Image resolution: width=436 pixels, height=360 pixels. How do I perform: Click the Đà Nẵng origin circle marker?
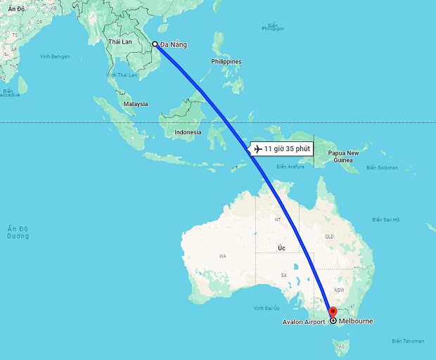click(x=155, y=44)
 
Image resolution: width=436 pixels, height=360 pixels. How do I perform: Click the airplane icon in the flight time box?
click(x=257, y=149)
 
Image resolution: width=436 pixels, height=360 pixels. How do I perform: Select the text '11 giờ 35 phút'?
click(x=287, y=149)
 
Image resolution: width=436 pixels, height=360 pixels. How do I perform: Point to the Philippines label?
click(x=226, y=62)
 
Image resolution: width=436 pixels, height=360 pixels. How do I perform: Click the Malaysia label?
click(x=136, y=104)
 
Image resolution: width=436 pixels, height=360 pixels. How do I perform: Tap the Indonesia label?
click(x=188, y=132)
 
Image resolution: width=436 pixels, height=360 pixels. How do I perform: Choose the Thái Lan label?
click(x=120, y=41)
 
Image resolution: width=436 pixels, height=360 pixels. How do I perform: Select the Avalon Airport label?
click(x=304, y=322)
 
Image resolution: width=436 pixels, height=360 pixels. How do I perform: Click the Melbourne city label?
click(x=356, y=321)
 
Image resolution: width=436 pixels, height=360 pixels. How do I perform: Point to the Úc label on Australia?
click(x=281, y=248)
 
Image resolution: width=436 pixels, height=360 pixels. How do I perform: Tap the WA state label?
click(x=223, y=256)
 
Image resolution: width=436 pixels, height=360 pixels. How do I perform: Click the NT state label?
click(x=277, y=220)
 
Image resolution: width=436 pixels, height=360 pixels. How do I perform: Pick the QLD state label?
click(x=328, y=236)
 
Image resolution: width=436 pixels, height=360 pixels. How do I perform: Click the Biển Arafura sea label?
click(x=290, y=167)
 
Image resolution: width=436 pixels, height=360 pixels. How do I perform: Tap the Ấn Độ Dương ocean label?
click(x=18, y=233)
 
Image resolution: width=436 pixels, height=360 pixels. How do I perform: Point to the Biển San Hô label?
click(x=387, y=220)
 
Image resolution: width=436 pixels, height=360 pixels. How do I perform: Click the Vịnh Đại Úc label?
click(x=267, y=308)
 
